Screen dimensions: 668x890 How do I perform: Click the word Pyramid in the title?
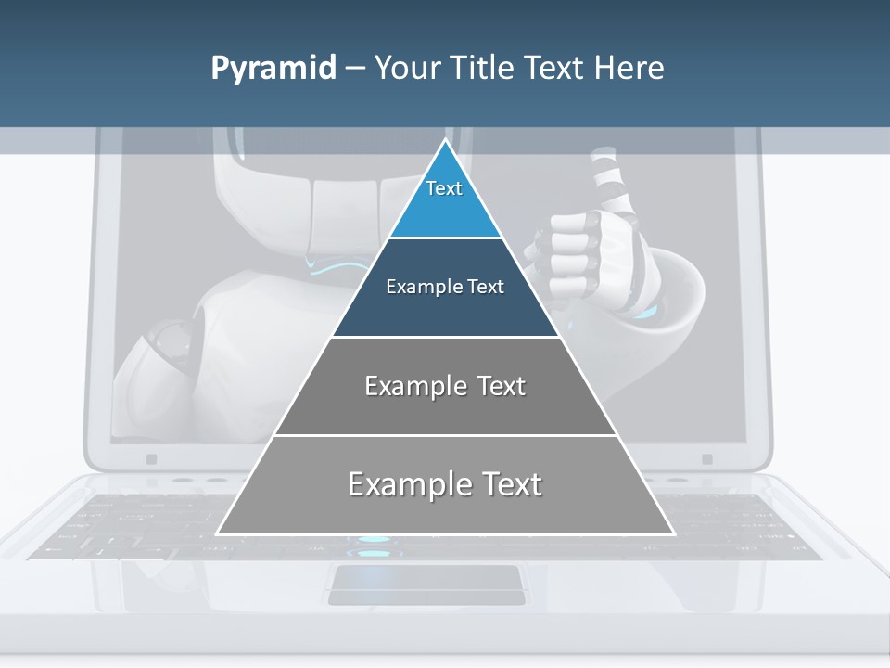coord(273,69)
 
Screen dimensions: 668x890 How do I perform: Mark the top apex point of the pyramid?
coord(445,140)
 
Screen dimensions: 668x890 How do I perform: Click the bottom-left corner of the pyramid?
coord(218,533)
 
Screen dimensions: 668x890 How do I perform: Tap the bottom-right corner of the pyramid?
coord(672,533)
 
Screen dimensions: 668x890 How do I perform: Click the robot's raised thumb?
coord(606,181)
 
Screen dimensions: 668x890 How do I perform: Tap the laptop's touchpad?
coord(426,584)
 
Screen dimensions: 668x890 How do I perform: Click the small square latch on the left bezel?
coord(151,459)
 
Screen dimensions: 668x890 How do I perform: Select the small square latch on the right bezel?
coord(706,459)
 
